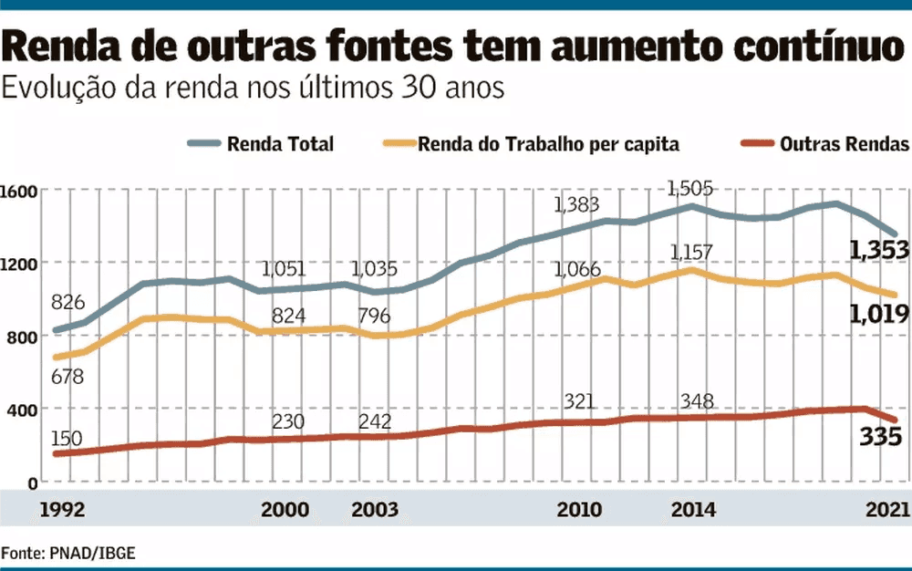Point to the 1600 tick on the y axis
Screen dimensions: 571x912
(x=18, y=192)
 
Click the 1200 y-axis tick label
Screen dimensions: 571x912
(x=18, y=264)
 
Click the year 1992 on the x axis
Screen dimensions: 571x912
(x=63, y=509)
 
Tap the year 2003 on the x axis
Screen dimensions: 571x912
(x=375, y=509)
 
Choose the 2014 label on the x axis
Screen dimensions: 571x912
(x=692, y=509)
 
